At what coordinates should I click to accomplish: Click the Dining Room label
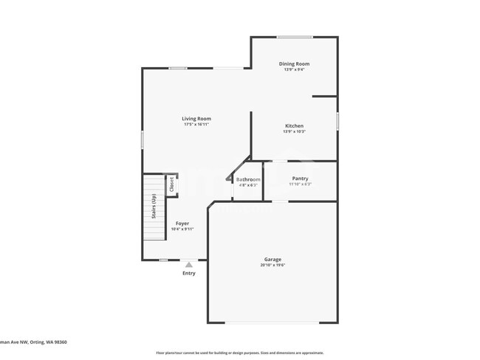pos(294,64)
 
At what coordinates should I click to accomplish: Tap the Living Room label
pos(196,119)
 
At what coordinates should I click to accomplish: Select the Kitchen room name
pos(294,126)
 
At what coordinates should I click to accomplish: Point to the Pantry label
pos(300,179)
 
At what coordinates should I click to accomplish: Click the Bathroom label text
pos(248,179)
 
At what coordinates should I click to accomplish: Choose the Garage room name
pos(272,260)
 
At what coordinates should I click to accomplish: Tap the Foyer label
pos(182,224)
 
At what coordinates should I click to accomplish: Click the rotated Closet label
pos(172,184)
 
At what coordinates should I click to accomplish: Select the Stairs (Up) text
pos(154,207)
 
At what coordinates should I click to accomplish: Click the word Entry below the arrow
pos(189,274)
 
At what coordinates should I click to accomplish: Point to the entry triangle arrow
pos(189,264)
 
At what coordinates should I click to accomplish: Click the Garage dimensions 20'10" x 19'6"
pos(272,266)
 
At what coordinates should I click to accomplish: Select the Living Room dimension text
pos(196,125)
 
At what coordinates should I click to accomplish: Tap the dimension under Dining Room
pos(294,70)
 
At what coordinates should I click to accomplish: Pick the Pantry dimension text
pos(300,184)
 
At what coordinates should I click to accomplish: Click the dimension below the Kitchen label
pos(294,132)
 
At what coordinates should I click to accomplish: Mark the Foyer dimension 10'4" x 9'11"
pos(182,229)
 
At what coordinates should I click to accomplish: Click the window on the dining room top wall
pos(294,37)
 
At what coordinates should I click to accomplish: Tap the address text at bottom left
pos(34,342)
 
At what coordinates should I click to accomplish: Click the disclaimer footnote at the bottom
pos(239,353)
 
